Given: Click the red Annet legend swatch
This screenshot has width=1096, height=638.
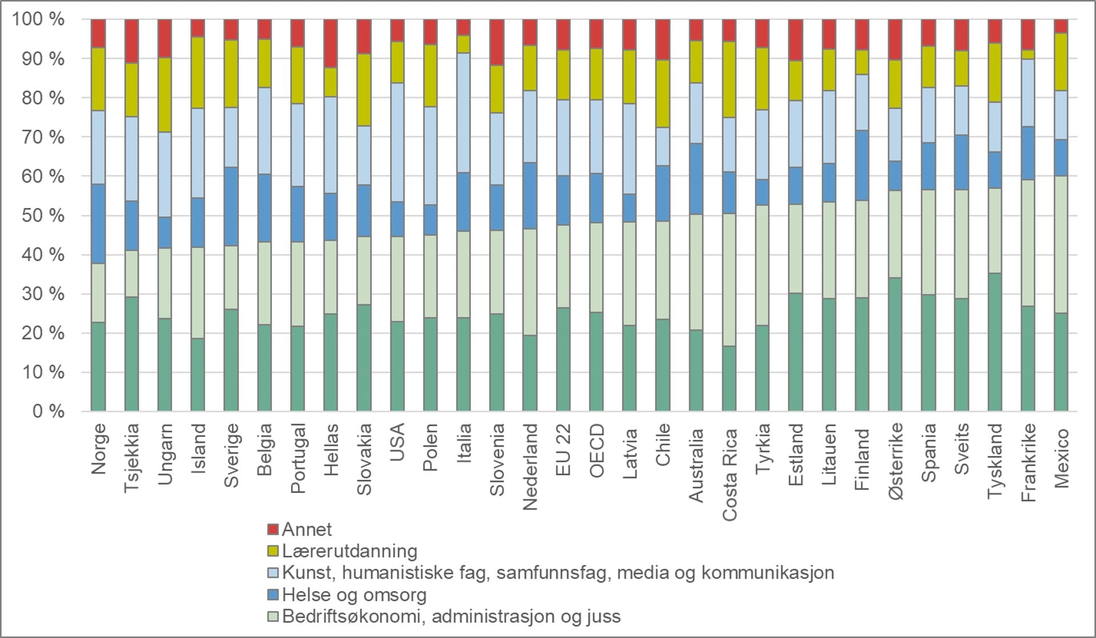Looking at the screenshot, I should pos(273,529).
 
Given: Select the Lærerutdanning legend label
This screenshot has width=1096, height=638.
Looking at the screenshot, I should pos(349,551).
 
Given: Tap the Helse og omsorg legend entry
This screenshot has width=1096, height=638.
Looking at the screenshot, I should pos(354,595).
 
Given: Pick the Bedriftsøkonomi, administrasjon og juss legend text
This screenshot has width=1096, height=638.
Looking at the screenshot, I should pos(451,616).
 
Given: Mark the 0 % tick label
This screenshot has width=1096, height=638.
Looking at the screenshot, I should pos(48,412).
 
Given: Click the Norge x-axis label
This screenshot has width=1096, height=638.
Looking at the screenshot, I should pos(98,448).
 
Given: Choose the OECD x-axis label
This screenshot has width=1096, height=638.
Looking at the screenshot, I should pos(597,451).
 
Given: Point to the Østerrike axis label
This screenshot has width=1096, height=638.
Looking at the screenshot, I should pos(895,461).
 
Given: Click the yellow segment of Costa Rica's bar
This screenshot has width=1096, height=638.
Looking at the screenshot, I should pos(729,79).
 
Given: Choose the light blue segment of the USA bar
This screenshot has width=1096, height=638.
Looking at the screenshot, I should pos(398,142).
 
